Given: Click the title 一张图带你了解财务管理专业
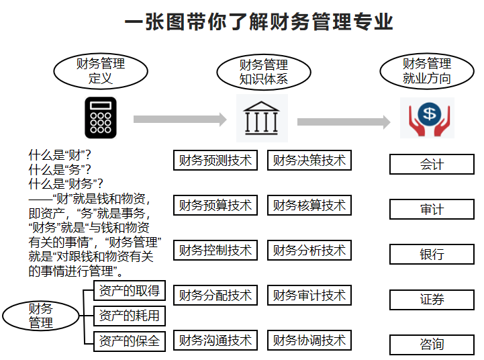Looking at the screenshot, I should tap(259, 23).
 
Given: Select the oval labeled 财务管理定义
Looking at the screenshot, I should tap(101, 71).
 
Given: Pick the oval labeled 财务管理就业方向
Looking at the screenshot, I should tap(427, 71).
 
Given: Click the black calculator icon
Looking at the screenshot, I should tap(101, 118).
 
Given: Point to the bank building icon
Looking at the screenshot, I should tap(262, 118).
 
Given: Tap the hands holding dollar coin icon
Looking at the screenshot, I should tap(428, 118).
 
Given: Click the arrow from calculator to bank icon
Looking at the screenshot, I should tap(180, 120).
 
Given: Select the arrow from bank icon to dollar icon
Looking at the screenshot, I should tap(343, 122).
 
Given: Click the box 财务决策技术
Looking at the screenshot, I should tap(309, 161).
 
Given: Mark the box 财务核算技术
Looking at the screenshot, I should tap(309, 206).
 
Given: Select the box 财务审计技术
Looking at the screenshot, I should tap(309, 295).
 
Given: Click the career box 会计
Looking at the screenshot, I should tap(432, 165).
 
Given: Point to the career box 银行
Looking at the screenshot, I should tap(432, 255).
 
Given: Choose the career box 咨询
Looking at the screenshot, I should tap(432, 345).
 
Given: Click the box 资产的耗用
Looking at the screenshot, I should tap(129, 315).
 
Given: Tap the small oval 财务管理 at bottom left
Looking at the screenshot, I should tap(40, 316).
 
